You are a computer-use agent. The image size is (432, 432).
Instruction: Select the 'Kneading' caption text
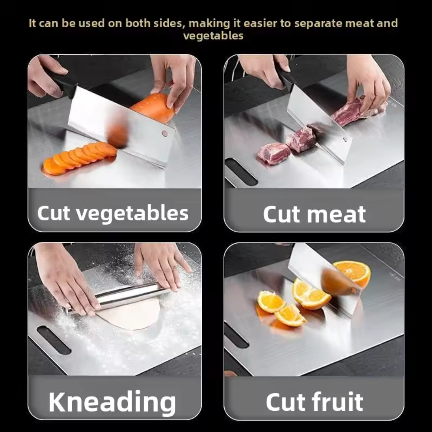pyautogui.click(x=112, y=402)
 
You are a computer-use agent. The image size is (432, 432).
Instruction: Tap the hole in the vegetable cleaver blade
pyautogui.click(x=165, y=134)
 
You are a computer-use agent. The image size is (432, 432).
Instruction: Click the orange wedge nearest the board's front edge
pyautogui.click(x=290, y=316)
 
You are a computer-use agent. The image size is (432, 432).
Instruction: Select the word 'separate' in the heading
pyautogui.click(x=317, y=23)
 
